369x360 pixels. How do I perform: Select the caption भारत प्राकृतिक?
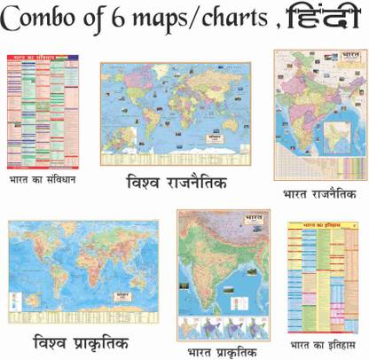click(222, 336)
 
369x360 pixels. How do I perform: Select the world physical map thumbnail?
click(83, 270)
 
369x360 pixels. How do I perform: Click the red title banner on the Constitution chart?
click(41, 58)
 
